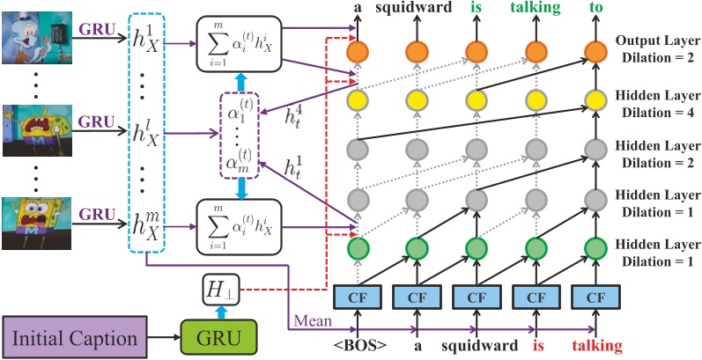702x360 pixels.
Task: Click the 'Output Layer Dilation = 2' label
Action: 654,49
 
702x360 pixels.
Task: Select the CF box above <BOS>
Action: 357,294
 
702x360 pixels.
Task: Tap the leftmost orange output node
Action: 357,51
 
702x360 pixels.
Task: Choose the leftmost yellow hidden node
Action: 357,99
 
